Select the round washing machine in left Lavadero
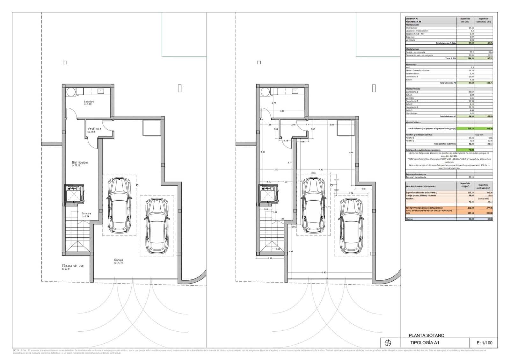(x=71, y=92)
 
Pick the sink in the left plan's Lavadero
(x=101, y=91)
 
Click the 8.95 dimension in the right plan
(x=324, y=272)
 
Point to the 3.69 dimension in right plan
(x=282, y=111)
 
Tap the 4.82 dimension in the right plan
(x=321, y=169)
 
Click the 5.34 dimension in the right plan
(x=262, y=152)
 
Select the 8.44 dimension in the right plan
(x=351, y=153)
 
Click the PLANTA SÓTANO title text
(x=426, y=335)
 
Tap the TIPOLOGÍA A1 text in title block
(x=425, y=343)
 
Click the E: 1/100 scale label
(x=484, y=343)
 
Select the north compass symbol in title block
(x=388, y=343)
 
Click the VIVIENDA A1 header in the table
(x=410, y=19)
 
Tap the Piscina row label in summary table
(x=409, y=219)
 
